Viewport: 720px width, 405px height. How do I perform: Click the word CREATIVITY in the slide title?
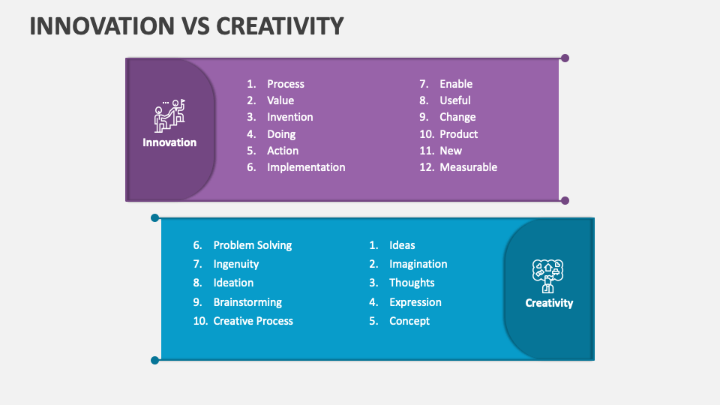click(280, 25)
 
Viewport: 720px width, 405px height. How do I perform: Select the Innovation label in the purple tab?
click(169, 142)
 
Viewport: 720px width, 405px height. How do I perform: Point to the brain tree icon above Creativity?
click(547, 275)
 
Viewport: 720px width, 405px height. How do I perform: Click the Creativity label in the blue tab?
click(549, 303)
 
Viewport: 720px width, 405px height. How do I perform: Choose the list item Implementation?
click(306, 167)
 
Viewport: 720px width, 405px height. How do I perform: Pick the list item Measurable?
click(468, 167)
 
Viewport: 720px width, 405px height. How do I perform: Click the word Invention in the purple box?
click(289, 117)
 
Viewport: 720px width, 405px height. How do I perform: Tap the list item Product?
click(458, 134)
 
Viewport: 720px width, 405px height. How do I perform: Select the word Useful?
click(454, 100)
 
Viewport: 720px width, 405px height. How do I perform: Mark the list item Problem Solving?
click(252, 245)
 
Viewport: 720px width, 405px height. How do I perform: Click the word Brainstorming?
click(247, 302)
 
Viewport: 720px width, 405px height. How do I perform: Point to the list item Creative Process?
click(253, 321)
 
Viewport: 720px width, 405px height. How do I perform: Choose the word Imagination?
click(418, 264)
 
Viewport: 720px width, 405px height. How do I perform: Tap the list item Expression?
click(415, 302)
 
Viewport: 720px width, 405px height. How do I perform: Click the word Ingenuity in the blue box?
click(235, 264)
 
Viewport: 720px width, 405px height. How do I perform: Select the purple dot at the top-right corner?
click(565, 58)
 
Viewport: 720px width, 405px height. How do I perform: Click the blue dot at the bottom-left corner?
click(155, 360)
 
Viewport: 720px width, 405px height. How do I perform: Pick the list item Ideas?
click(402, 245)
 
